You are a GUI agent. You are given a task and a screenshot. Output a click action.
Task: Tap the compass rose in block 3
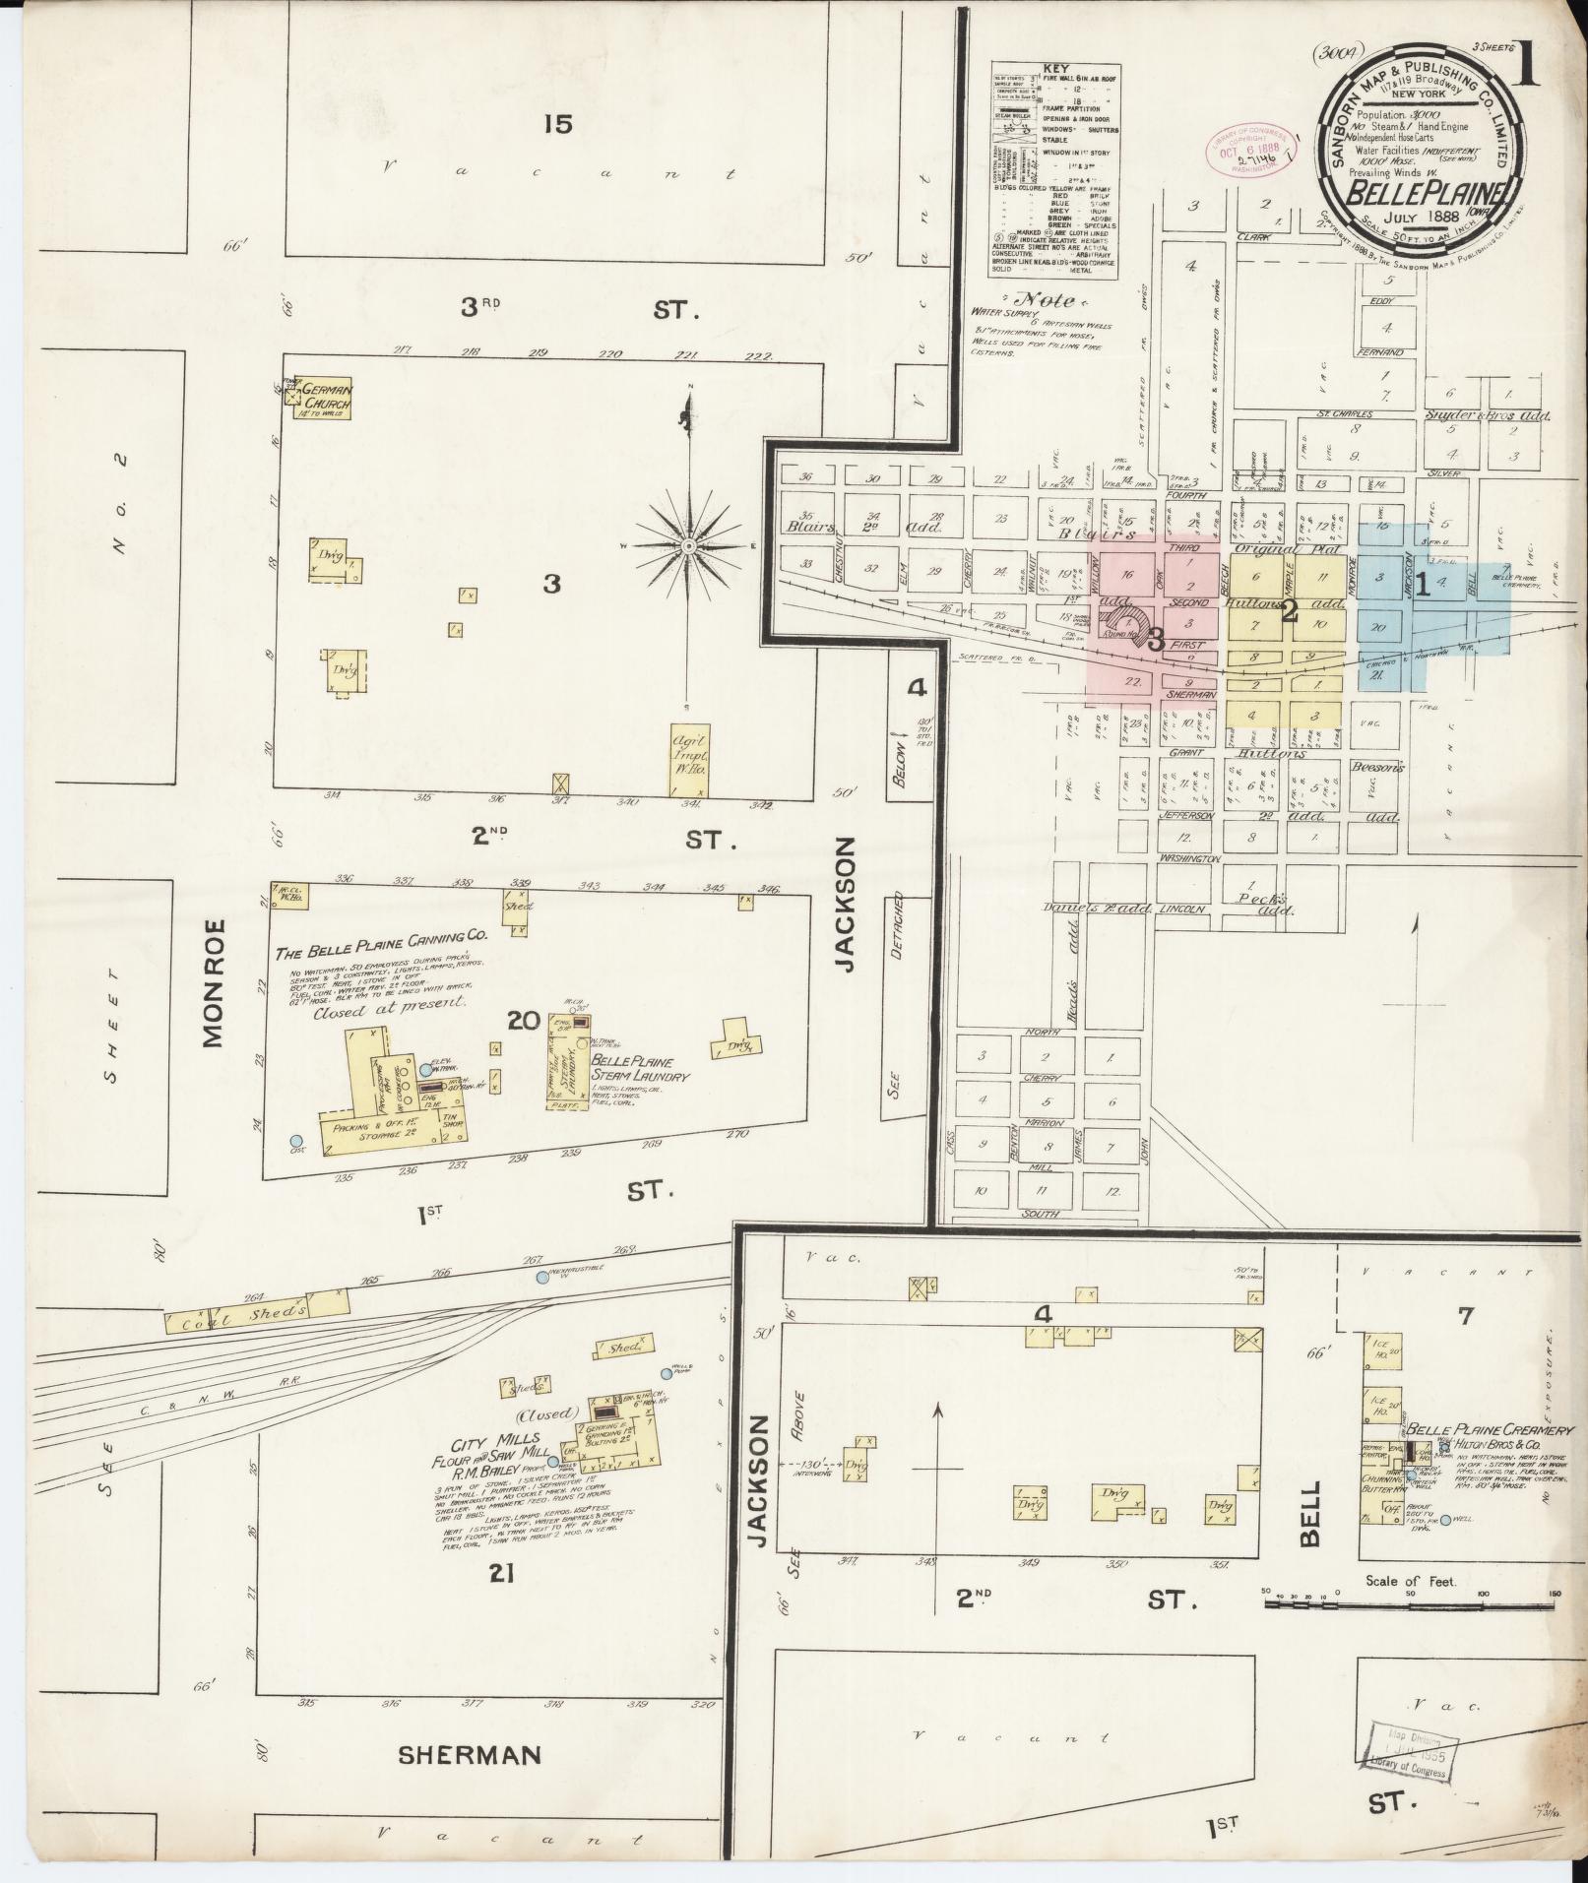689,545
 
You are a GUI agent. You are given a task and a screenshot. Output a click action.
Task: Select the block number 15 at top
556,124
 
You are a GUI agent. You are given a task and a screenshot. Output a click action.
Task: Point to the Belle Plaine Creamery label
1491,1429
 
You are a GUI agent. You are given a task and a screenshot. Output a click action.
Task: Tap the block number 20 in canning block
523,1021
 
